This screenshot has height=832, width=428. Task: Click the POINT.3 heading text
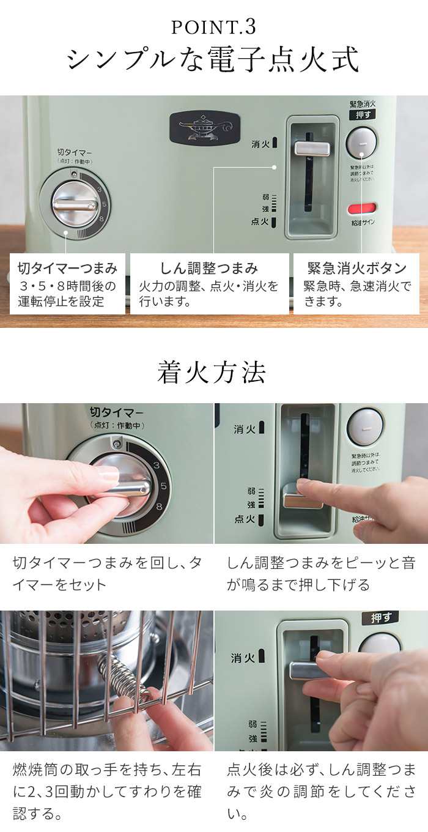point(213,27)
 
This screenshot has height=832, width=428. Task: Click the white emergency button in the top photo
point(361,141)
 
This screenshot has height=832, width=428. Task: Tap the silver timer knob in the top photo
point(73,205)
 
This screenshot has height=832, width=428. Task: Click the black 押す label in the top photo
point(362,114)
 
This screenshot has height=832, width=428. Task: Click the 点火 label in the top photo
point(260,222)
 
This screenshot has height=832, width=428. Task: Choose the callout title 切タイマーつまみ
point(67,268)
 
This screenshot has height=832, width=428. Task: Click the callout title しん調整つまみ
point(209,268)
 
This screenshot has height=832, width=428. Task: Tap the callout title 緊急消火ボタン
point(357,268)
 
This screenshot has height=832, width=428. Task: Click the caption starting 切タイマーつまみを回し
point(107,573)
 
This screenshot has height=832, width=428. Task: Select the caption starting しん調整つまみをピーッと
point(320,573)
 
